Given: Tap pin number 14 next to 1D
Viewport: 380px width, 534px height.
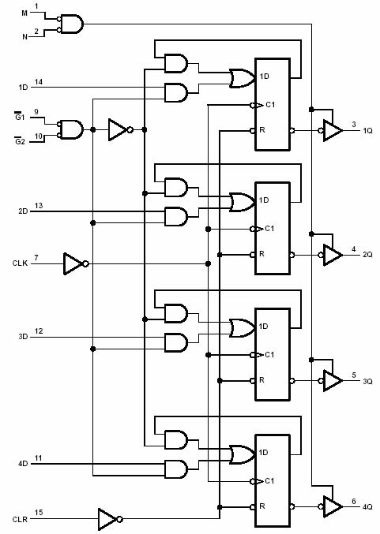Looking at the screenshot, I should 38,82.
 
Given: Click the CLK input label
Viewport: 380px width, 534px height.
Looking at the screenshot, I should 20,262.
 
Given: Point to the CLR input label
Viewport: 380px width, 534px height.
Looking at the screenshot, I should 20,519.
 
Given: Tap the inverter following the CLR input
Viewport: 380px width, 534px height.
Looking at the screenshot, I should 107,518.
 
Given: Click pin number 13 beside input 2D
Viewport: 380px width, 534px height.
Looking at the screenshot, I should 38,207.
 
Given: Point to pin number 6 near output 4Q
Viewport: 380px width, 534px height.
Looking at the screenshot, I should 354,501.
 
